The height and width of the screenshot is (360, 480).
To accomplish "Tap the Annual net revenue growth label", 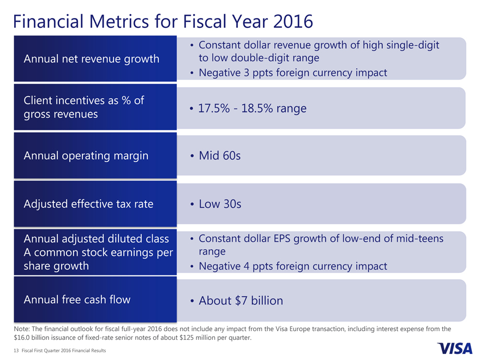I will click(92, 58).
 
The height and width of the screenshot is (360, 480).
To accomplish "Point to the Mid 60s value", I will click(219, 156).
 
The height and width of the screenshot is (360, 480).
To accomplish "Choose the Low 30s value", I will click(220, 204).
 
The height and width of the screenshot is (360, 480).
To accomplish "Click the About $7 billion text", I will click(241, 301).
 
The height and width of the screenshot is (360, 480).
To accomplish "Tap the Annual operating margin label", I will click(86, 155).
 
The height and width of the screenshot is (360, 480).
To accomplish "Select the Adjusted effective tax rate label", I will click(88, 204).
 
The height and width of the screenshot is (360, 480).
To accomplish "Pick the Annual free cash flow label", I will click(77, 299).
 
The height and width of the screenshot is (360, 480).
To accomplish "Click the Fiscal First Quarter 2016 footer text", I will click(61, 351).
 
